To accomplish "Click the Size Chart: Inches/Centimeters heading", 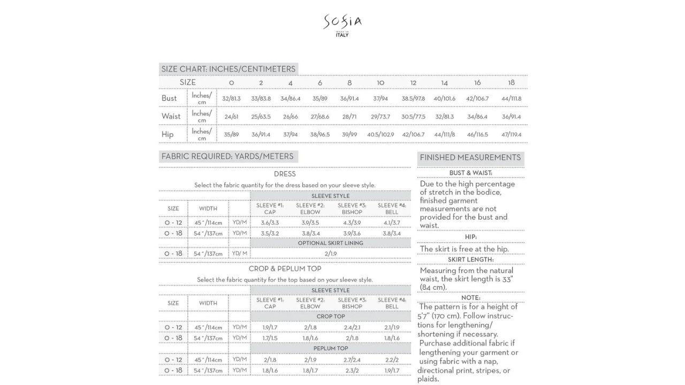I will [x=228, y=69].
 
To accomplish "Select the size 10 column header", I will [x=380, y=83].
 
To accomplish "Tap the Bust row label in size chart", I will [x=169, y=98].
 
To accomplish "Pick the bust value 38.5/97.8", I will [x=413, y=98].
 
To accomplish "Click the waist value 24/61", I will [x=231, y=117].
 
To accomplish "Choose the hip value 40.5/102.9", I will [x=380, y=135].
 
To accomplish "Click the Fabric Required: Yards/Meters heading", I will [x=227, y=157].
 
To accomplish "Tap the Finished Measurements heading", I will [x=470, y=158].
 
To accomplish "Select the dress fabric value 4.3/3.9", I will [x=352, y=222].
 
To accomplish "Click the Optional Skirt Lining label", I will [x=330, y=243].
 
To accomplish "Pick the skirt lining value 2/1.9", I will [x=330, y=253].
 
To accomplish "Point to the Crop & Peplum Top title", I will [x=285, y=269].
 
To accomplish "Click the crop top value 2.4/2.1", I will [x=352, y=327].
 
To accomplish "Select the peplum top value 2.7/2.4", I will [x=352, y=360].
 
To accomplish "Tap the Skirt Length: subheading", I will [x=470, y=260].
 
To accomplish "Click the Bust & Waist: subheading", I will [x=470, y=173].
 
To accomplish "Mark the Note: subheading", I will [x=470, y=298].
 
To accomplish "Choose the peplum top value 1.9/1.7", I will [x=392, y=371].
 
